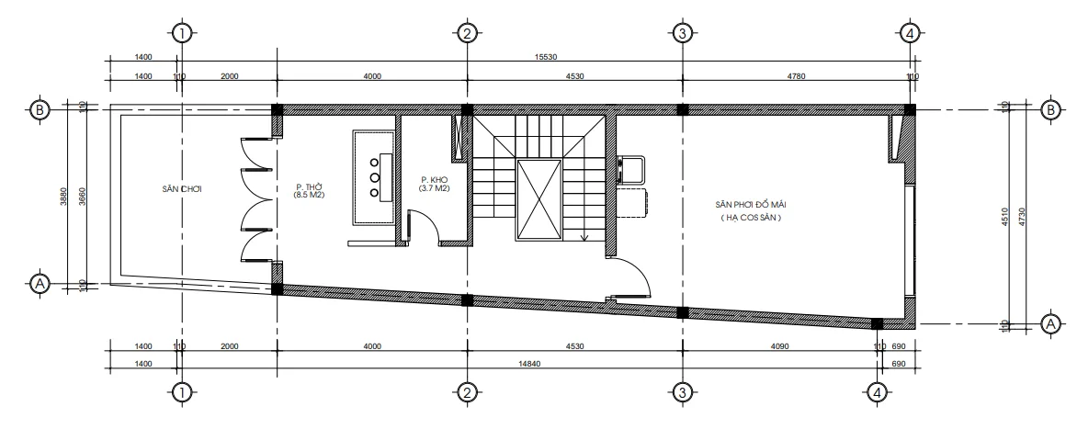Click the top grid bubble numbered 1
182,33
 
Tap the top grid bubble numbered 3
682,33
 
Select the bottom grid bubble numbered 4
878,392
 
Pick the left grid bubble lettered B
40,109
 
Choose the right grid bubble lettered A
1049,323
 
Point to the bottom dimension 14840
530,365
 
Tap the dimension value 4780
795,76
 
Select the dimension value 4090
779,346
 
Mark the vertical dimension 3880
63,197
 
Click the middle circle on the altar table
375,176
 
